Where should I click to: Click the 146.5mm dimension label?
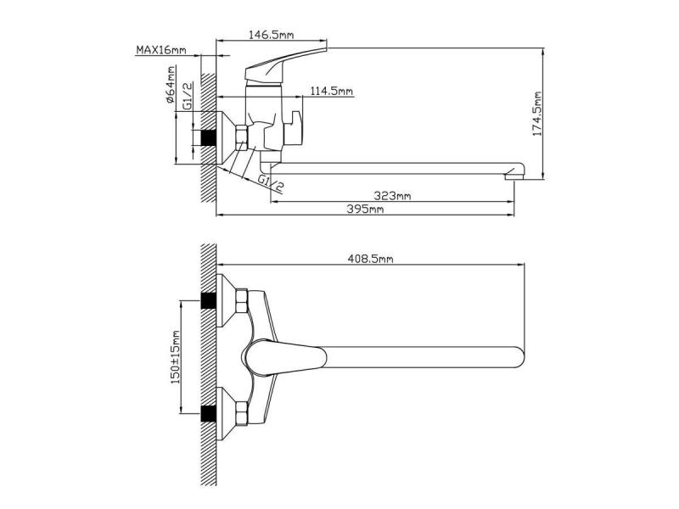pyautogui.click(x=271, y=35)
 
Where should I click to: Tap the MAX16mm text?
pyautogui.click(x=161, y=50)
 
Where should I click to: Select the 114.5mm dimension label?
pyautogui.click(x=332, y=91)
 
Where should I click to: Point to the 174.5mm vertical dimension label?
pyautogui.click(x=537, y=114)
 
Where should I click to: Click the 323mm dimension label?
pyautogui.click(x=392, y=196)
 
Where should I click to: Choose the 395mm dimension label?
pyautogui.click(x=365, y=209)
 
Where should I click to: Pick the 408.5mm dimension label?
pyautogui.click(x=371, y=259)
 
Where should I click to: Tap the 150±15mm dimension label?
pyautogui.click(x=176, y=357)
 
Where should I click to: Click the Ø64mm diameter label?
pyautogui.click(x=171, y=85)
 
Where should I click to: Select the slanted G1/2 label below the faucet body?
pyautogui.click(x=271, y=183)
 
